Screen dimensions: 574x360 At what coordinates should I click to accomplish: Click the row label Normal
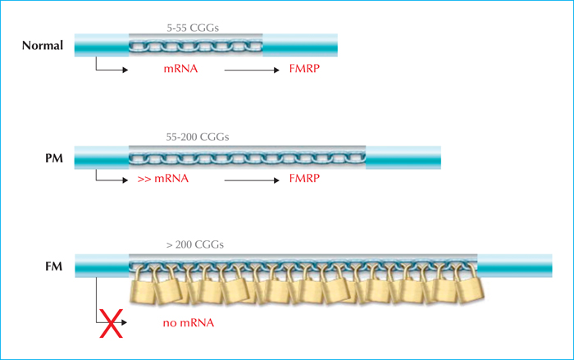[x=43, y=45]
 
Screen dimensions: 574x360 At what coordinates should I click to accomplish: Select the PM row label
[x=54, y=158]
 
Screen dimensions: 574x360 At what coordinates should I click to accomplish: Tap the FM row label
[x=54, y=267]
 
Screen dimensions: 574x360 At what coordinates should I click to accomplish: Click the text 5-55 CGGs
[x=193, y=28]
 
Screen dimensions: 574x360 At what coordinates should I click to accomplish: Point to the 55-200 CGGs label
[x=198, y=137]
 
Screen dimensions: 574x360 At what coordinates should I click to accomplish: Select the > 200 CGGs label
[x=195, y=244]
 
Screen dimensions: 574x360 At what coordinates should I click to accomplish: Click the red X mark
[x=112, y=323]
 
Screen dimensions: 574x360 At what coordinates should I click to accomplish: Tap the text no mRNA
[x=189, y=322]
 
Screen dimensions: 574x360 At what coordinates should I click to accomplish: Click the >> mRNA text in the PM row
[x=163, y=178]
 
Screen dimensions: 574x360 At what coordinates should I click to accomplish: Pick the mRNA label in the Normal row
[x=180, y=69]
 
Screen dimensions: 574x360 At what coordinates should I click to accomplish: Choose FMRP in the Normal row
[x=304, y=69]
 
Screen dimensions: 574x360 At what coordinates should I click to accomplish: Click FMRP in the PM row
[x=304, y=178]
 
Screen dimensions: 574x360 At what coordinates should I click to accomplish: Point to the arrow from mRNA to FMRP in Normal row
[x=252, y=70]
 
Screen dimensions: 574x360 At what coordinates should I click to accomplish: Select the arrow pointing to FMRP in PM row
[x=252, y=180]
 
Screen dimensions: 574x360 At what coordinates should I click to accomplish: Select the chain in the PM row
[x=247, y=157]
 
